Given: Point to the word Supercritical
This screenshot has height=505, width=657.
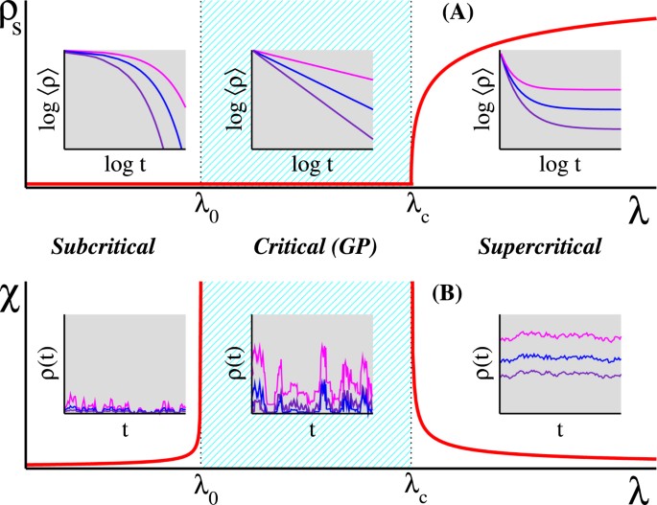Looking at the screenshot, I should (538, 246).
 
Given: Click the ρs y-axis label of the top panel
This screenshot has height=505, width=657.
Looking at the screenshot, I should (13, 16).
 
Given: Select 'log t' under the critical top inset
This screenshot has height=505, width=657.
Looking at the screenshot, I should (312, 165).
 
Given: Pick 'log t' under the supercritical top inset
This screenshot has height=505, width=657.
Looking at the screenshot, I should (560, 165).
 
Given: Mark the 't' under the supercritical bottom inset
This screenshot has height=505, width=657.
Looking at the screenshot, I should (560, 431).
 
